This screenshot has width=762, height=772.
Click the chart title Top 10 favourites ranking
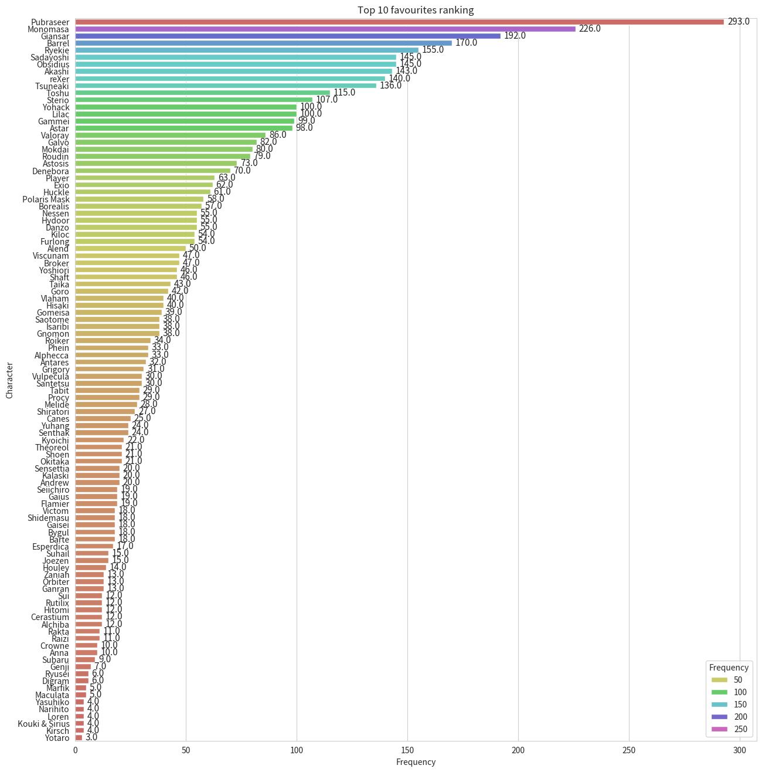point(416,10)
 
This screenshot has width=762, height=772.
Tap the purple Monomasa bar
point(325,29)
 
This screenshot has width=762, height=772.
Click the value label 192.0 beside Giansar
point(515,36)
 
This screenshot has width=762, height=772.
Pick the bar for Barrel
point(264,43)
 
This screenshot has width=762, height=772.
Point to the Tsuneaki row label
point(52,86)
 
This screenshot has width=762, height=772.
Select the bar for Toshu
point(202,93)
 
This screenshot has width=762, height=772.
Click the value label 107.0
point(326,100)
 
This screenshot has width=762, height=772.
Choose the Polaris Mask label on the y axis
point(46,199)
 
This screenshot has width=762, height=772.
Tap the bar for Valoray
point(170,136)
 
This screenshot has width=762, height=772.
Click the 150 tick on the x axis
point(407,750)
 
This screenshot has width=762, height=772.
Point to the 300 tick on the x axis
point(740,750)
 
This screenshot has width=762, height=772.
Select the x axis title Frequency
point(416,762)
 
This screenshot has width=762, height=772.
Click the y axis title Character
point(9,381)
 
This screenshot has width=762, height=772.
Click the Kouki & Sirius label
point(43,724)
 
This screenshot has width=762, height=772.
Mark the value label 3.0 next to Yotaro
point(91,737)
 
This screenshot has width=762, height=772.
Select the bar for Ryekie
point(247,50)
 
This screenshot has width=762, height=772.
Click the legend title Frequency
point(729,668)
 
